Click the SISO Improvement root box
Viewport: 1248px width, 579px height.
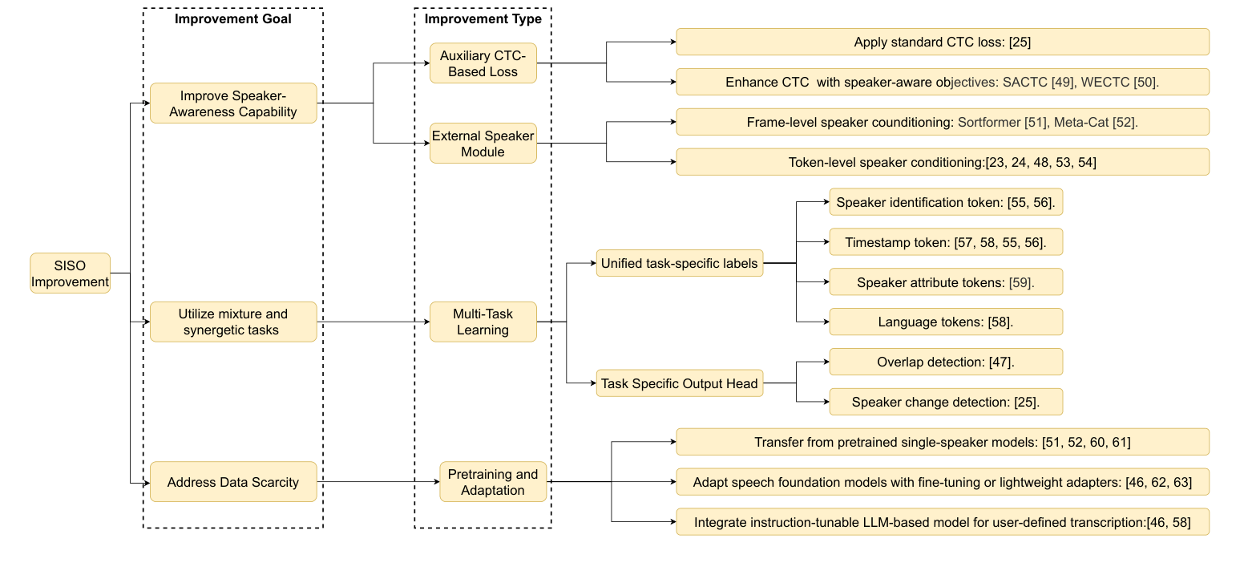[x=70, y=273]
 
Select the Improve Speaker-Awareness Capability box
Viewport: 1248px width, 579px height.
[x=233, y=103]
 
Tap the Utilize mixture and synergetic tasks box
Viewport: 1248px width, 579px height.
[x=233, y=322]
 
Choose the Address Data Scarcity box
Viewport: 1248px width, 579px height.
[x=233, y=482]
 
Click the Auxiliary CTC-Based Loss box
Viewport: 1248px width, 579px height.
[x=483, y=63]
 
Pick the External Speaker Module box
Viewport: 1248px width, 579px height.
[x=483, y=144]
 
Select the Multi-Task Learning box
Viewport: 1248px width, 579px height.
[x=483, y=322]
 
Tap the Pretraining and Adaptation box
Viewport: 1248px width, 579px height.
[x=493, y=482]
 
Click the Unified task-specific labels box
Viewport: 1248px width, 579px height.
[x=679, y=264]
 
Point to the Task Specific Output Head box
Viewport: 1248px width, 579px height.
[x=679, y=384]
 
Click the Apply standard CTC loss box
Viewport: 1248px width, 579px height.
[x=942, y=42]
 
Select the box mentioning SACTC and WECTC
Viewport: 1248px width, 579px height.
[x=942, y=82]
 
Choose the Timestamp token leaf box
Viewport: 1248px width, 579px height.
[x=946, y=242]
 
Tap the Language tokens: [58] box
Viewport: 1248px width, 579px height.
[x=946, y=322]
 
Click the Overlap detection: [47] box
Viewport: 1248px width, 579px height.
[x=946, y=362]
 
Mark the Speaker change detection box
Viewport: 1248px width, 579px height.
[x=946, y=403]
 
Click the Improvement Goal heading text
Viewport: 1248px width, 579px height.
[x=232, y=18]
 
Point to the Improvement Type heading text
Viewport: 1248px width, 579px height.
[x=483, y=18]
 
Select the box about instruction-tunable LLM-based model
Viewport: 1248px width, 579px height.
[x=942, y=523]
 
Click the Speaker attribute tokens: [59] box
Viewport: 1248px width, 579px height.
[x=946, y=282]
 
